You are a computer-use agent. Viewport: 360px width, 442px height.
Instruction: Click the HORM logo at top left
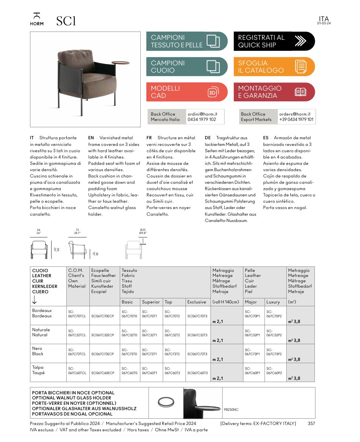(37, 19)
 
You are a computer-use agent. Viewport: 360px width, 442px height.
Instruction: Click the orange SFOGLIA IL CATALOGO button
(274, 67)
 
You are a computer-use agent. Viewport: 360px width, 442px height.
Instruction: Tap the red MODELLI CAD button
(186, 92)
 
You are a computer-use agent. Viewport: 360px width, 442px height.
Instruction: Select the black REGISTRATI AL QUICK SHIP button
(274, 41)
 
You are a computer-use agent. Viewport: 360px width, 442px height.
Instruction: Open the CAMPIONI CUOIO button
(186, 67)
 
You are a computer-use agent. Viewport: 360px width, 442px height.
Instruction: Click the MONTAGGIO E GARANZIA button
(274, 92)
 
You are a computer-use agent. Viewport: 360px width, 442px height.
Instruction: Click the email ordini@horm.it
(202, 114)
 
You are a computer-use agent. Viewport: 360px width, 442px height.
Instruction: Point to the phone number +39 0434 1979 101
(296, 119)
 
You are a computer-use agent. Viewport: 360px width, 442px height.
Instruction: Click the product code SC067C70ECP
(103, 316)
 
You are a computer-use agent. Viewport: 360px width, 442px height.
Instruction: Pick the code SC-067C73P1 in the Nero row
(252, 352)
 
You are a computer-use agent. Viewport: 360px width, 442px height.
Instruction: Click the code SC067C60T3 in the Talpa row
(198, 373)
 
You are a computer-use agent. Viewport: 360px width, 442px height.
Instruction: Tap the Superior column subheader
(151, 302)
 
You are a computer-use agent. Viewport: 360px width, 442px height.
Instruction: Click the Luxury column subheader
(273, 302)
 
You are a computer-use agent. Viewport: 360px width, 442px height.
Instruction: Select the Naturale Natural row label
(41, 332)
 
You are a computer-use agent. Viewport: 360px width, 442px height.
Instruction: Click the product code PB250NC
(231, 409)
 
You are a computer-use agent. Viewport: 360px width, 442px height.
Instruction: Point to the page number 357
(311, 423)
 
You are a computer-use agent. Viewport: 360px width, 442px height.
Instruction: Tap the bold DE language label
(208, 138)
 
